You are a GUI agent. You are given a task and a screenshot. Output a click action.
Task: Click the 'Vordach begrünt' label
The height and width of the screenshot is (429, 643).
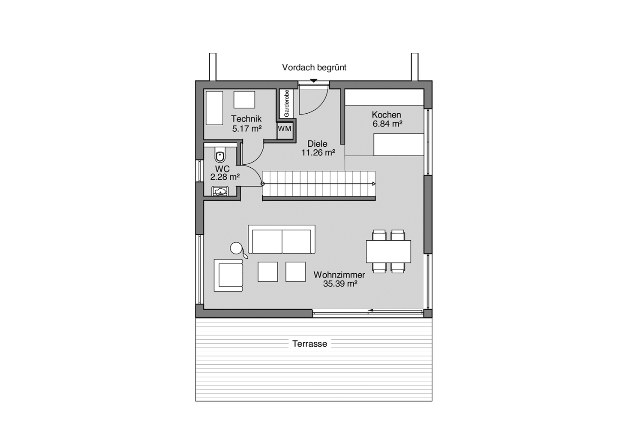click(x=314, y=67)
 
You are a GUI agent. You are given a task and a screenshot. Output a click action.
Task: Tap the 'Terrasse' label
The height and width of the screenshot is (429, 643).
click(x=309, y=344)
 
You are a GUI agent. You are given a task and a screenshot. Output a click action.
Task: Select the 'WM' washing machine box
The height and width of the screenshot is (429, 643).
click(x=284, y=129)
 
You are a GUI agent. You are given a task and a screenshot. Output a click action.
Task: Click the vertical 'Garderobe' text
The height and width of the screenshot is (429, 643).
click(x=286, y=103)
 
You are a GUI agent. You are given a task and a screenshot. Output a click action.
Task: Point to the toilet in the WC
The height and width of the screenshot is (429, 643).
click(x=220, y=156)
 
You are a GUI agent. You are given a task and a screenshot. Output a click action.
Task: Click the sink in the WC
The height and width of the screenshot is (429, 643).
click(x=220, y=191)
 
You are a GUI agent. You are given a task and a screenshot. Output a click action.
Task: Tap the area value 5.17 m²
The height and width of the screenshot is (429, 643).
click(x=246, y=128)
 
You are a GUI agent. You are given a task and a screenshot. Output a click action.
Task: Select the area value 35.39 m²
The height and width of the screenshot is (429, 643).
click(x=340, y=284)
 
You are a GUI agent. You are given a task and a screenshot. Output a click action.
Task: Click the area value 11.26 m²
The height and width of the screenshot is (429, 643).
click(x=318, y=152)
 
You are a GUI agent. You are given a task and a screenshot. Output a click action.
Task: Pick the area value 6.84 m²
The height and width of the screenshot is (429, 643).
click(x=387, y=124)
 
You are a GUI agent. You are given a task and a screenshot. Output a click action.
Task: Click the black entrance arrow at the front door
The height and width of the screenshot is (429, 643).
click(x=314, y=81)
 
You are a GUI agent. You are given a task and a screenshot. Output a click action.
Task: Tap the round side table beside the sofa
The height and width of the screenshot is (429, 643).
click(x=236, y=248)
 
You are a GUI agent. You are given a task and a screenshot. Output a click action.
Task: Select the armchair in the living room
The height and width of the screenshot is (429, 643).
click(x=229, y=275)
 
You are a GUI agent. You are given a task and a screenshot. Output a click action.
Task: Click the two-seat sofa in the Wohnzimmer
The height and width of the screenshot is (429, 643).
click(x=282, y=240)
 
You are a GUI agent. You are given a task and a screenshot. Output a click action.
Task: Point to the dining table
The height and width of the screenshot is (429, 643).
click(x=388, y=251)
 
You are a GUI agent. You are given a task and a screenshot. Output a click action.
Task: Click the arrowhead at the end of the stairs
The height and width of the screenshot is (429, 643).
click(x=374, y=184)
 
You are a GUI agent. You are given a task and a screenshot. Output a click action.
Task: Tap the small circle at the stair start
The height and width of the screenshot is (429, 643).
click(x=263, y=184)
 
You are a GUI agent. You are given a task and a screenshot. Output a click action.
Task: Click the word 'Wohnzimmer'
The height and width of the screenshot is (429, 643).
click(x=339, y=275)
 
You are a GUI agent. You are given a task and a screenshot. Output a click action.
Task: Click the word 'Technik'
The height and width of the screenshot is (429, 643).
click(x=246, y=119)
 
